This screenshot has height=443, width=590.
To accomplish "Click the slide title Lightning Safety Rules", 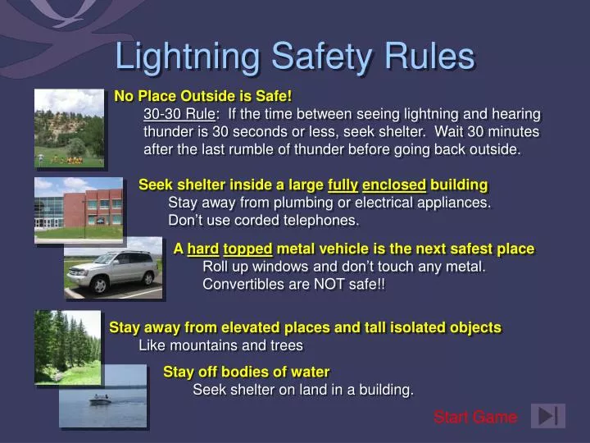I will pos(295,57).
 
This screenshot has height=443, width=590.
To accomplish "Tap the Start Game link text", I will pos(475,418).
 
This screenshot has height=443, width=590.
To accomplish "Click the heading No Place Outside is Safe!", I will pos(203,97).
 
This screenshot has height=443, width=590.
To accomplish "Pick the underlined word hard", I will pos(202,249).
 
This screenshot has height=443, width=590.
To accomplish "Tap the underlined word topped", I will pos(248,249).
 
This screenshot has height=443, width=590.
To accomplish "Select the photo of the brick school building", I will pos(79,209).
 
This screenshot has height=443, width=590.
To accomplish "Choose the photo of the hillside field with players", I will pos(69,127).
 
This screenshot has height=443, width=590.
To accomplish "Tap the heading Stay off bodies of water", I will pos(246,372).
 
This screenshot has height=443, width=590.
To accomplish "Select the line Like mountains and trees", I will pos(220,345).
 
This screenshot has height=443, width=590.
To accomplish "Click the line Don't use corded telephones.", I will pos(263,220).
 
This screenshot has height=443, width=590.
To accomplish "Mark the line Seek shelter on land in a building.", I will pos(303,390).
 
